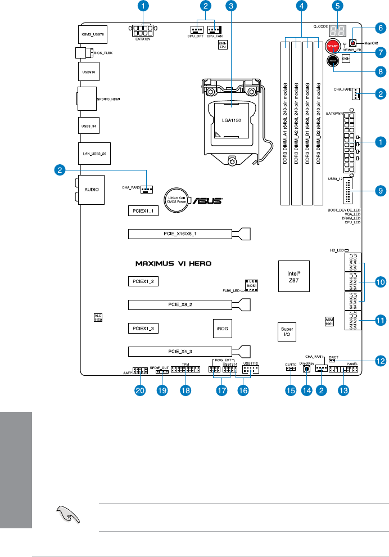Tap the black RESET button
coord(332,63)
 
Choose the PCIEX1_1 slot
coord(143,211)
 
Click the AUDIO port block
coord(92,189)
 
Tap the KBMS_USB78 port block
coord(92,34)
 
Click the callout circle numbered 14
coord(306,392)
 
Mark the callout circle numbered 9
coord(380,191)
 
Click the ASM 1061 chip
coord(329,321)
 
